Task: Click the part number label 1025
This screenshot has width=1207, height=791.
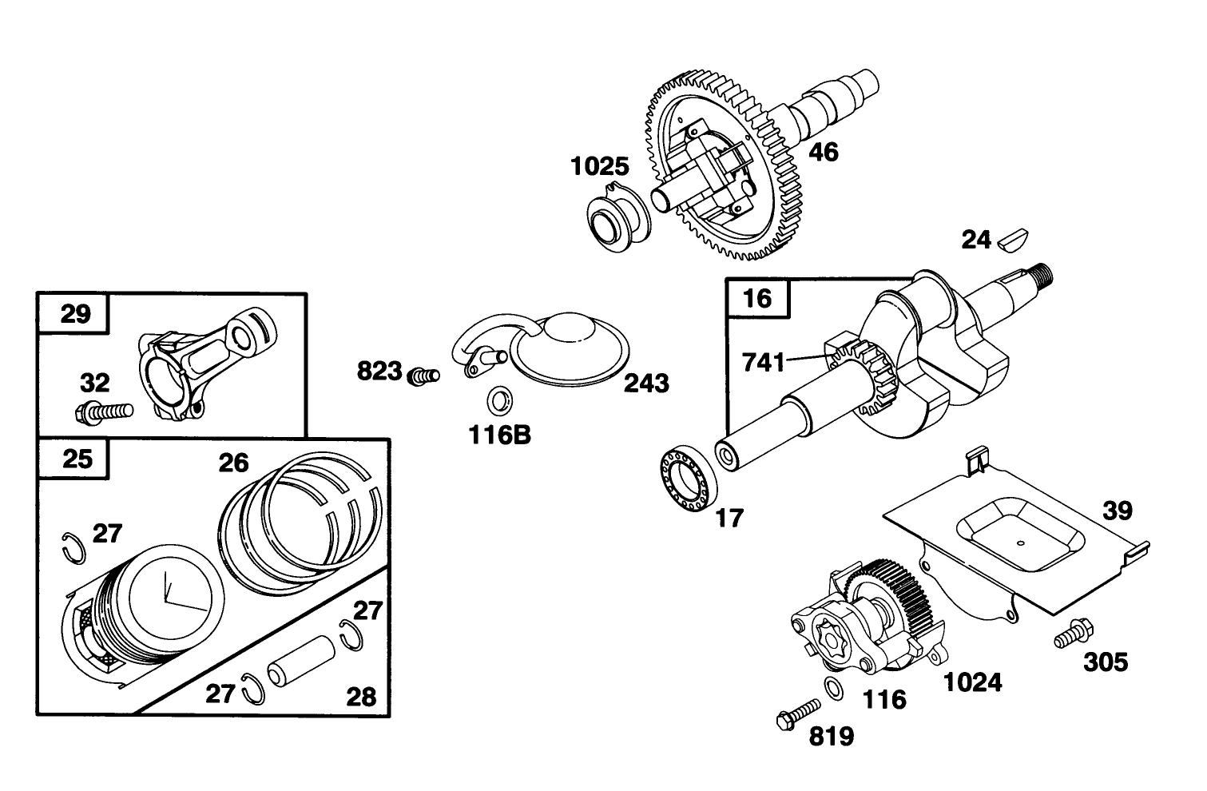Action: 599,167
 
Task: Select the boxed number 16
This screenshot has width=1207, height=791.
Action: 756,299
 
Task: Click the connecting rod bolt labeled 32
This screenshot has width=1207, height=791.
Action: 104,412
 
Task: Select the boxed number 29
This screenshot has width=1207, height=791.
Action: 76,313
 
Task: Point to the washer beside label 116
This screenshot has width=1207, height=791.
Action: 832,686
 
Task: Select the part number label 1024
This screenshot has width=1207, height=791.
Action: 972,682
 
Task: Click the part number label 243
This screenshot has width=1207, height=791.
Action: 646,384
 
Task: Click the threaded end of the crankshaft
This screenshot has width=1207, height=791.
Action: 1042,276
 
